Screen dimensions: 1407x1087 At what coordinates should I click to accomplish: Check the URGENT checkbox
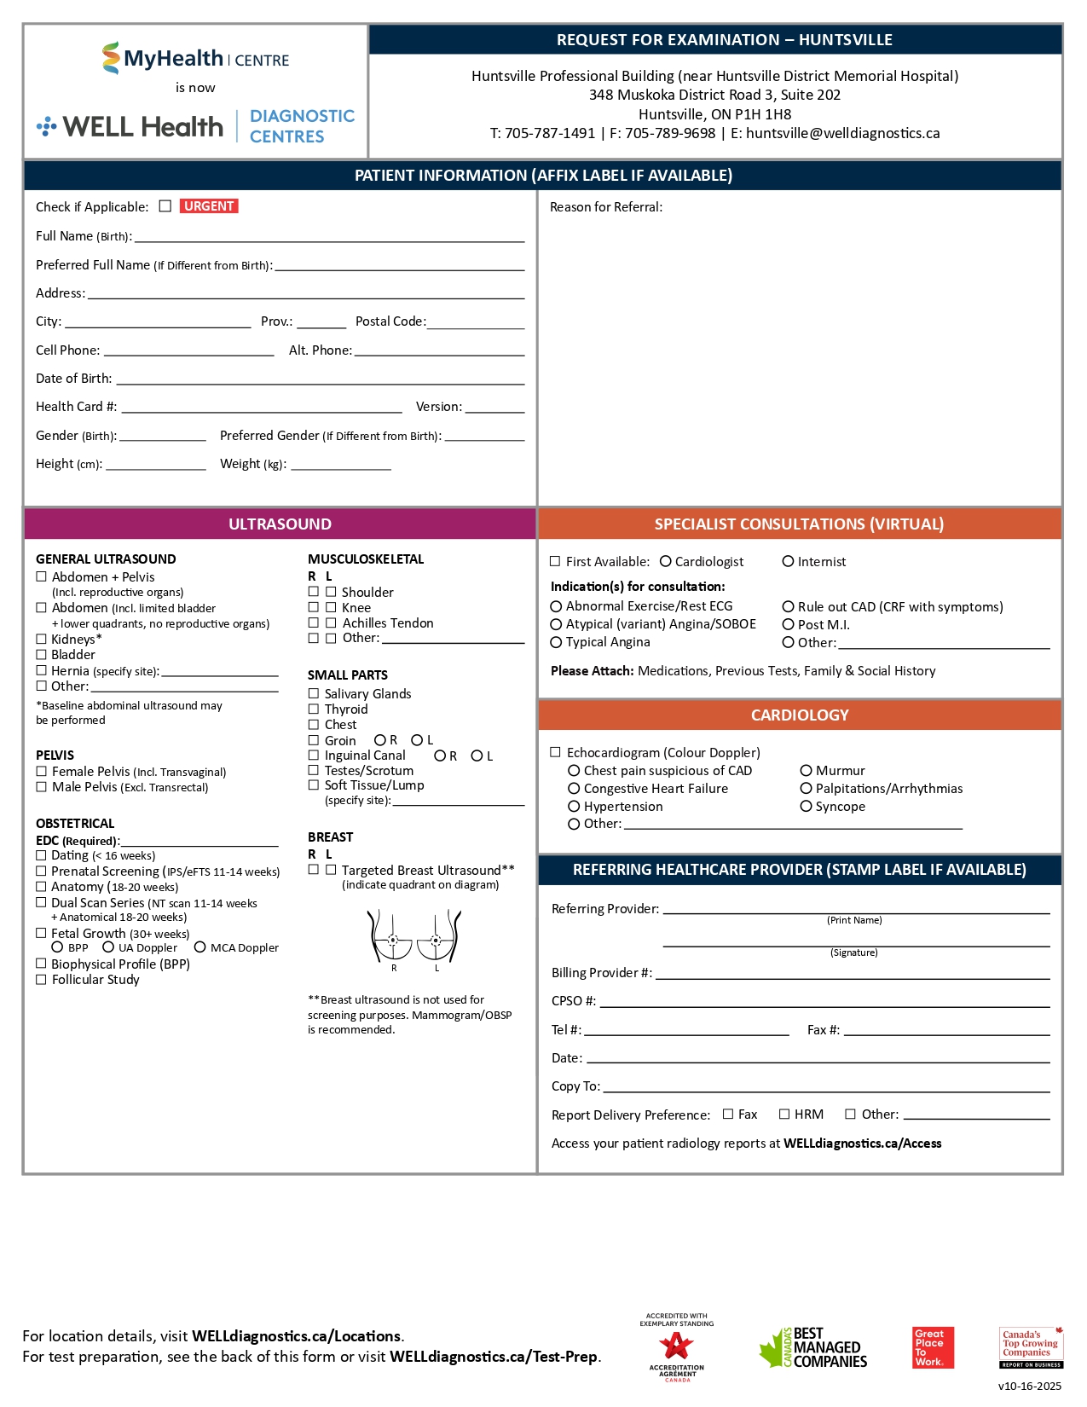point(165,206)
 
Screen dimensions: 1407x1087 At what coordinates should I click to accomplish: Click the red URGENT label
point(209,206)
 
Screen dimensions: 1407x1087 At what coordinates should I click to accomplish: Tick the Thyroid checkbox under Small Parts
point(314,709)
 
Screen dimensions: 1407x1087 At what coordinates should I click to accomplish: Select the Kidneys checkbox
point(41,639)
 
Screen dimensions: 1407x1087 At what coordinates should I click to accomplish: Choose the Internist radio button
point(789,561)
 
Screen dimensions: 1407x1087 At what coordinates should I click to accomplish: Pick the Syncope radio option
point(806,806)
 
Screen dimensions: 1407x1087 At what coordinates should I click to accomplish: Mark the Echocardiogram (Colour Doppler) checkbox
point(556,752)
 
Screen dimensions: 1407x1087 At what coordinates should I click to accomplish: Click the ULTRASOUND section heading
point(280,524)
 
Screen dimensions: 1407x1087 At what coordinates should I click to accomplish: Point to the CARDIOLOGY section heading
point(800,715)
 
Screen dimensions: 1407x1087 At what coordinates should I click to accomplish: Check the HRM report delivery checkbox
point(784,1114)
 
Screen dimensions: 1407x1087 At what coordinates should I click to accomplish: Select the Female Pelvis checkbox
point(41,771)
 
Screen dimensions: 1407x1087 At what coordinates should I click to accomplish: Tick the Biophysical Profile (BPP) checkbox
point(41,964)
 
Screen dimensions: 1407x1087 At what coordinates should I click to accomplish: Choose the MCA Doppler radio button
point(200,947)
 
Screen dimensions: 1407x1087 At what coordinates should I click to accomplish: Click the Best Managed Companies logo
point(813,1347)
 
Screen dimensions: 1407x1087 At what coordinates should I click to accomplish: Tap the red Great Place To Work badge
point(933,1347)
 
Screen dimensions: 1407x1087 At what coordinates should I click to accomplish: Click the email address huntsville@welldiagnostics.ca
point(842,133)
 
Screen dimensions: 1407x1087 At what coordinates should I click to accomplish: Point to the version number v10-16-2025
point(1030,1386)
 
